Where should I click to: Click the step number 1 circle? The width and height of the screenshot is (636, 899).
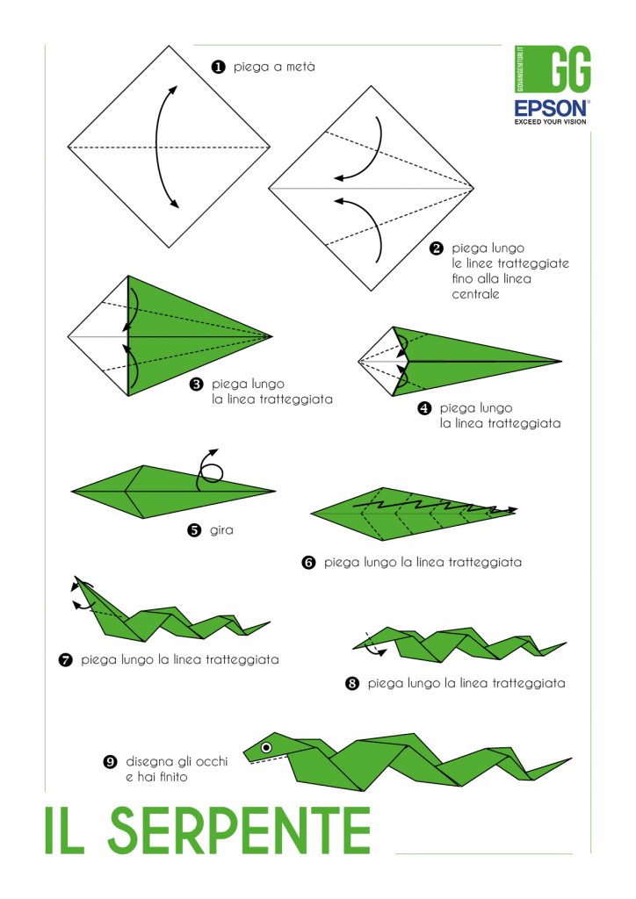point(217,67)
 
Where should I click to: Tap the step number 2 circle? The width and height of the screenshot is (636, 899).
point(436,248)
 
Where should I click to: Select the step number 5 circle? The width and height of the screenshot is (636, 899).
point(194,530)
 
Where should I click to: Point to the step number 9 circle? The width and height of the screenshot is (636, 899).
point(110,762)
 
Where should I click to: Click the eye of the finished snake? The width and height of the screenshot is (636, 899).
point(265,747)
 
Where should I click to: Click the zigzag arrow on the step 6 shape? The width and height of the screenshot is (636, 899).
point(434,507)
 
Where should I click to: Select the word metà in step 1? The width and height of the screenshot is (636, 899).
point(297,67)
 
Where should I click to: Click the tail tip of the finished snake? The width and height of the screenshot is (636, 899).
point(570,759)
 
